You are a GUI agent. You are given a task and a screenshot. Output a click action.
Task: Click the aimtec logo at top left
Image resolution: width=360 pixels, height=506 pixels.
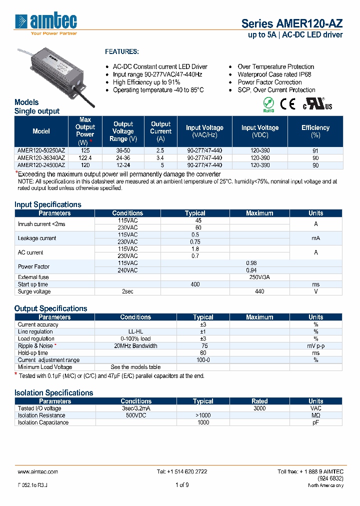(x=46, y=23)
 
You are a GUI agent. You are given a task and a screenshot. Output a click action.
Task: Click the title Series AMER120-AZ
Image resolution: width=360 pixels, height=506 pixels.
(x=292, y=23)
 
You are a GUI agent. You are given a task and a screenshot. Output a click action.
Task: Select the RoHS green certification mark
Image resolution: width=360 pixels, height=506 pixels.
(x=268, y=104)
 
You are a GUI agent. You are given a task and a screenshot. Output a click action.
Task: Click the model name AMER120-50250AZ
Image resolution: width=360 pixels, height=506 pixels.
(x=41, y=150)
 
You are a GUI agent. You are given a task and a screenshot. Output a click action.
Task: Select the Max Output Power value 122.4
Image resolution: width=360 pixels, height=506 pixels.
(x=85, y=157)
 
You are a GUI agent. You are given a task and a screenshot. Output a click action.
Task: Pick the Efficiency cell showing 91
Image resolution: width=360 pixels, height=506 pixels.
(x=315, y=150)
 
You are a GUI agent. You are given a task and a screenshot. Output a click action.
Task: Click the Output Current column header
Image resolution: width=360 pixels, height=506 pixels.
(x=160, y=131)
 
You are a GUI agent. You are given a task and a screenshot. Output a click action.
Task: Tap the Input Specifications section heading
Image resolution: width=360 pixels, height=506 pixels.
(x=47, y=204)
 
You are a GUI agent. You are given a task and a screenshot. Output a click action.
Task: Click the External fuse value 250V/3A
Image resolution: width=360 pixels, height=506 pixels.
(x=259, y=277)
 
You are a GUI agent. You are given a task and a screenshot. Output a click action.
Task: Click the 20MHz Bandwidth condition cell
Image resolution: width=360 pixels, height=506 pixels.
(x=135, y=345)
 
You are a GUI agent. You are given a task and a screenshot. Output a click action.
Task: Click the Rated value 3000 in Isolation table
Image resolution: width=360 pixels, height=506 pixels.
(x=259, y=408)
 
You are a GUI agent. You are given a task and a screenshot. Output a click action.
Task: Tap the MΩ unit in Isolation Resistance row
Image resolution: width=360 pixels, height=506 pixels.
(x=315, y=415)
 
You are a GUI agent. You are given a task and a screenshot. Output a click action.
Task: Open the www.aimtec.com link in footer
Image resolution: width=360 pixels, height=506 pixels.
(x=37, y=471)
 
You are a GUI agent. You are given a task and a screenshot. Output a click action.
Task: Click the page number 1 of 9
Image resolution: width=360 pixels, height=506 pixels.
(x=182, y=484)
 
